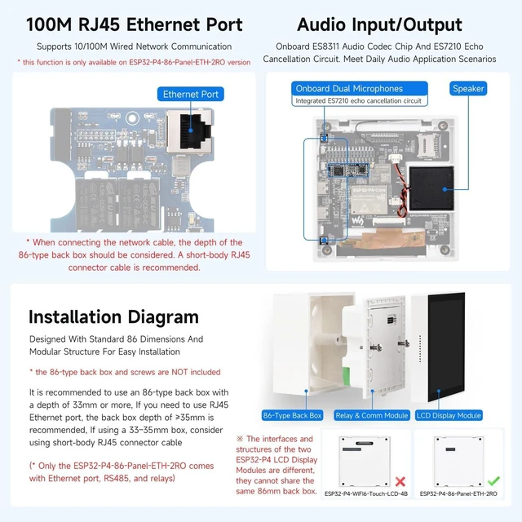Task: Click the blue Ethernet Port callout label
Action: tap(190, 95)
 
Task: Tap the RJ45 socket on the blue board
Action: tap(190, 130)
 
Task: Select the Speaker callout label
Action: tap(468, 89)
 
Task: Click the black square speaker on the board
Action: tap(431, 188)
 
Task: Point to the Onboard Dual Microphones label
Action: tap(349, 89)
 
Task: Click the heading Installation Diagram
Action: tap(113, 316)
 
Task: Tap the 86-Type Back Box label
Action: tap(292, 415)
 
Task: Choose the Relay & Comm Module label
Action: tap(372, 415)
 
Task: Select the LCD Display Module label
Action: tap(449, 415)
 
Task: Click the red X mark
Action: tap(400, 481)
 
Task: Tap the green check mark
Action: tap(493, 480)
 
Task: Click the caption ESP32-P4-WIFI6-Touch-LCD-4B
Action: tap(366, 493)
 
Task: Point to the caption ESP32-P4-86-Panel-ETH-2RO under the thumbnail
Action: tap(458, 493)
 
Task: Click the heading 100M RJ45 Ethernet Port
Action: tap(135, 24)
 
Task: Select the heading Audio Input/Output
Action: tap(379, 24)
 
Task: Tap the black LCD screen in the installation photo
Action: tap(446, 347)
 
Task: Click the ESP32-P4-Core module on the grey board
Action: tap(369, 200)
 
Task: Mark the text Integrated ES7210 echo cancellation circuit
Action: tap(359, 100)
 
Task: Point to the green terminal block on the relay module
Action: tap(347, 375)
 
